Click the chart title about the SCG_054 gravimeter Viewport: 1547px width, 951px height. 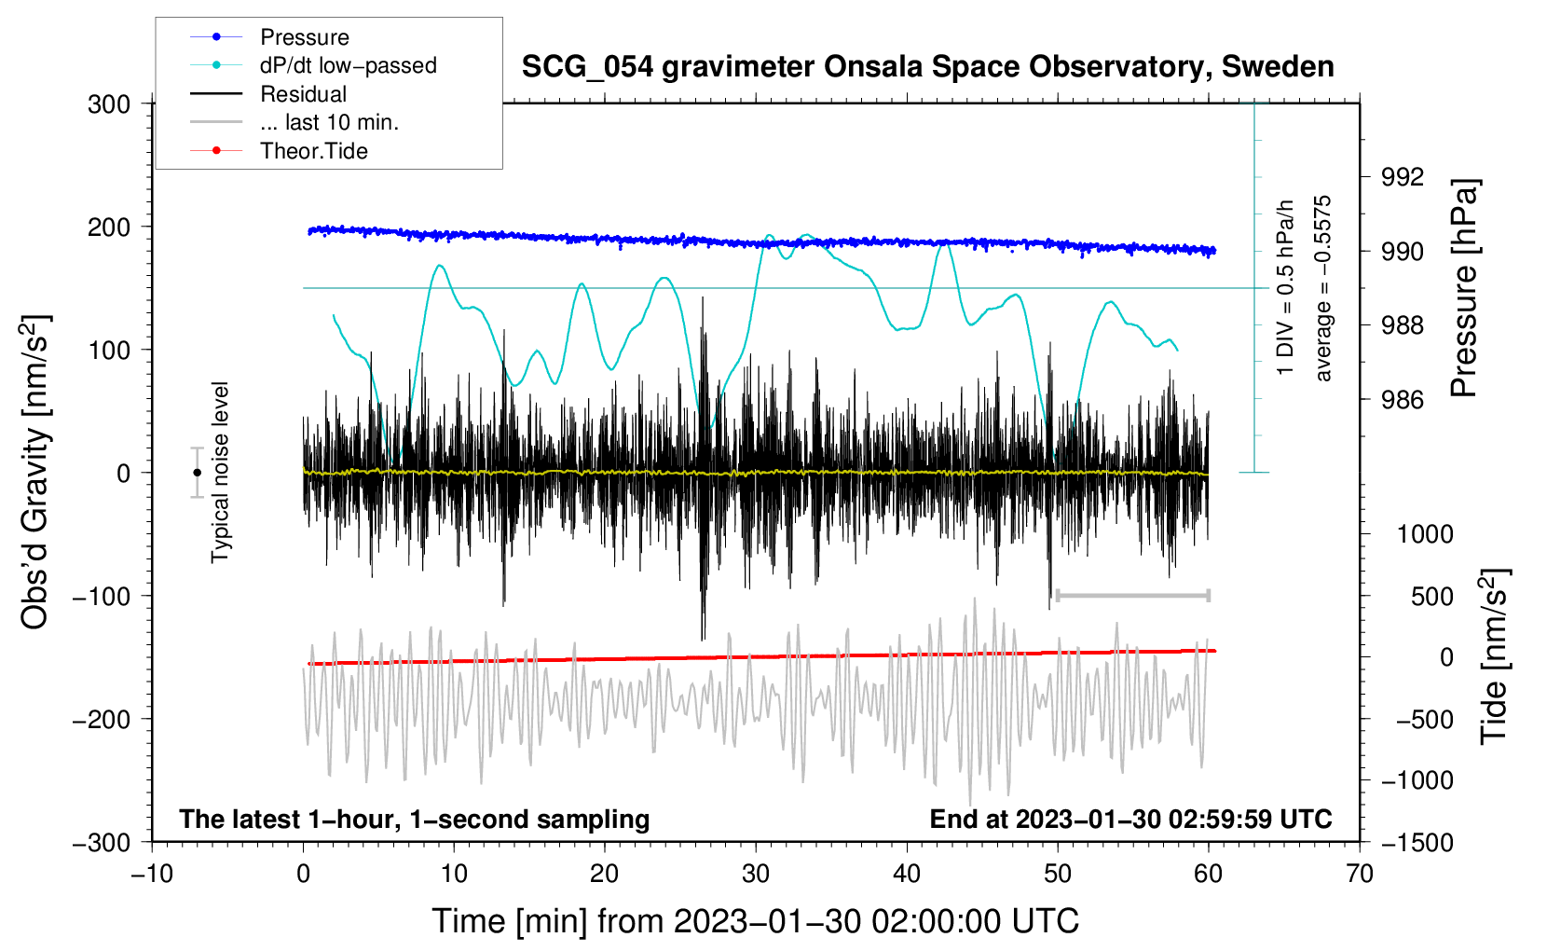pyautogui.click(x=927, y=67)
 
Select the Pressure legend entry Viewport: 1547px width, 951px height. pyautogui.click(x=304, y=37)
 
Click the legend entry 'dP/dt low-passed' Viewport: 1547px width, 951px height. pyautogui.click(x=348, y=65)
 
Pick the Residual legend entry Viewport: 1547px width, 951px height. pyautogui.click(x=303, y=94)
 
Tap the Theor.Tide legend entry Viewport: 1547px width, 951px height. pyautogui.click(x=313, y=151)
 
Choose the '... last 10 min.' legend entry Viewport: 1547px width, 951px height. pyautogui.click(x=329, y=122)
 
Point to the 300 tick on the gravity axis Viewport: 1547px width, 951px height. pyautogui.click(x=109, y=104)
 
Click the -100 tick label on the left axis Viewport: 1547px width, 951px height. pyautogui.click(x=102, y=596)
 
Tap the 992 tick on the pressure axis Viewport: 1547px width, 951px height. pyautogui.click(x=1403, y=177)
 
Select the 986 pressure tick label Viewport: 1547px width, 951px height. pyautogui.click(x=1403, y=400)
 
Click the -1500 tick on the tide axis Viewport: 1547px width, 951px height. pyautogui.click(x=1417, y=842)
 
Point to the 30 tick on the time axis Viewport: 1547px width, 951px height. pyautogui.click(x=756, y=874)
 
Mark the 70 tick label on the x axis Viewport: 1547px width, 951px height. pyautogui.click(x=1360, y=874)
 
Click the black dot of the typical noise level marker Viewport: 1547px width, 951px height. pyautogui.click(x=197, y=473)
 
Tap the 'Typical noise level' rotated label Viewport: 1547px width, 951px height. pyautogui.click(x=220, y=472)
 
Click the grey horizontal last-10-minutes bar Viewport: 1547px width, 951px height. pyautogui.click(x=1132, y=596)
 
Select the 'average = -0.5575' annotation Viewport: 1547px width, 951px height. pyautogui.click(x=1323, y=288)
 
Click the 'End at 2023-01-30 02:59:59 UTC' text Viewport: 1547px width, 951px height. pyautogui.click(x=1130, y=819)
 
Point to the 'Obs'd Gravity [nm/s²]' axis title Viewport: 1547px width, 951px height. pyautogui.click(x=35, y=472)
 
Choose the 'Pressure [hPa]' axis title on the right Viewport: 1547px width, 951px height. pyautogui.click(x=1464, y=288)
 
